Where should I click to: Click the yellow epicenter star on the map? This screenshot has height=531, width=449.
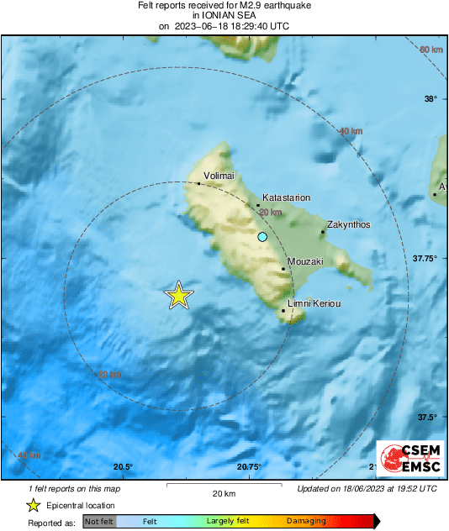coord(178,296)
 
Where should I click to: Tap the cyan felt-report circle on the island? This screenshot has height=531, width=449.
coord(262,238)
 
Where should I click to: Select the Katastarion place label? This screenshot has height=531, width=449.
coord(287,197)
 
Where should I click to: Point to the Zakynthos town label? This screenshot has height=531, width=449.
coord(348,225)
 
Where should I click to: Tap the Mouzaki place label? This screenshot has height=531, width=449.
coord(305,262)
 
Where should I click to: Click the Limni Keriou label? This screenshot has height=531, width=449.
coord(314,302)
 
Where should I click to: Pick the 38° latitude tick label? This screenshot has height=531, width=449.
coord(431,99)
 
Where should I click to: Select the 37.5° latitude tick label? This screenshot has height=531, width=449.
coord(430,418)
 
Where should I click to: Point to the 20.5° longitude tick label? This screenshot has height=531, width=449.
coord(123,467)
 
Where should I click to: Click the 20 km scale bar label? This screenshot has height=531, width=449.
coord(223,493)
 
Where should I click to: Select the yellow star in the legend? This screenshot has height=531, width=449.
coord(33,506)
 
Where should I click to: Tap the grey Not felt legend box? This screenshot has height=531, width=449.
coord(99,522)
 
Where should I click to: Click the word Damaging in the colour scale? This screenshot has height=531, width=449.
coord(304,522)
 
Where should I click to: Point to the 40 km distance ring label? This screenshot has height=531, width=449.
coord(351,131)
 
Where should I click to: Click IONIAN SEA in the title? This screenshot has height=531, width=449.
coord(223,15)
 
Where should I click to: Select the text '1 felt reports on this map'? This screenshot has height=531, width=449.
coord(73,488)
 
